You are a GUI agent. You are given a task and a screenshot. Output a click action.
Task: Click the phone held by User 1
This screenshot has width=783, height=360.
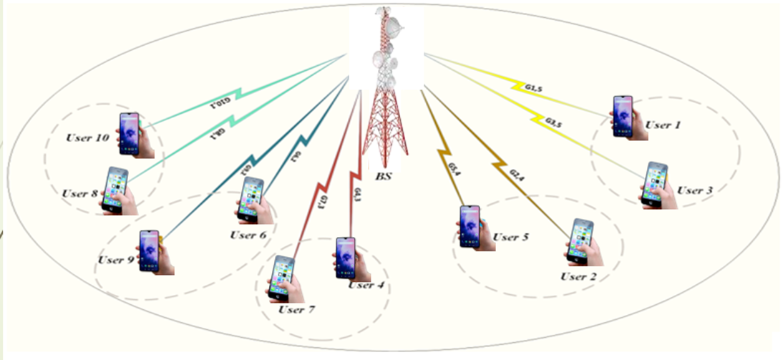coord(623,115)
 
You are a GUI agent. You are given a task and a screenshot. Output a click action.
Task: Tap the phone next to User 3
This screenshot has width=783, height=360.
coord(655,183)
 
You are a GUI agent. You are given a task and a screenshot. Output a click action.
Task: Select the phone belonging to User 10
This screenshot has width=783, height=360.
coord(130,133)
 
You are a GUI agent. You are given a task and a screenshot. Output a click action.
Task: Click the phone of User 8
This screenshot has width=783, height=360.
coord(115,189)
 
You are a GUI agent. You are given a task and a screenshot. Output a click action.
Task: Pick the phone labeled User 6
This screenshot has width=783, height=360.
coord(251,199)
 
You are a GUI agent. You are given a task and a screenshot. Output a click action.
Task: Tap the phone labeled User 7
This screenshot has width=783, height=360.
coord(281,278)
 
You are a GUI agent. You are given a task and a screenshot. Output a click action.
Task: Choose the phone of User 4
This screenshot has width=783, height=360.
coord(346,258)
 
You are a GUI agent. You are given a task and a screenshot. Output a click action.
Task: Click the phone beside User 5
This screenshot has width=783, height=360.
coord(470,226)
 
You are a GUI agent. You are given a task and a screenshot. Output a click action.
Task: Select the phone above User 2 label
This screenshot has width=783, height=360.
coord(580,241)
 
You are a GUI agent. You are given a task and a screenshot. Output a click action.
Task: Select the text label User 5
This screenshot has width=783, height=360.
coord(510,237)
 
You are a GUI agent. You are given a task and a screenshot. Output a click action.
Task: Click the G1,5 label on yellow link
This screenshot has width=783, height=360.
coord(534,87)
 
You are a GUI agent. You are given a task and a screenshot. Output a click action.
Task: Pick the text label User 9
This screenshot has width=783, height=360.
coord(117,260)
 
